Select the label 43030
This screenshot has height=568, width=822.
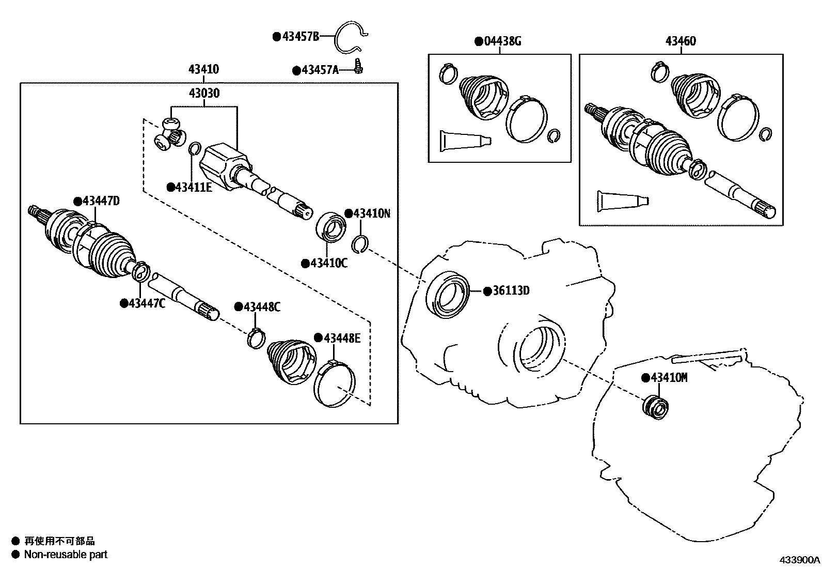203,94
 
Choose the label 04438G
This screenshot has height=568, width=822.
502,41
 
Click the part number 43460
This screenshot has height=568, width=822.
680,41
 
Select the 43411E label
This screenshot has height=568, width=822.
193,187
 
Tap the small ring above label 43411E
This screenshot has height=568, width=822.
195,149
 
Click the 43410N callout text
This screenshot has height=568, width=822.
372,213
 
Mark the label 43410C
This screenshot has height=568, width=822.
328,264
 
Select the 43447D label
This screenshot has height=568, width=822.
101,201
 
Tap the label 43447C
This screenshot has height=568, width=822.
146,303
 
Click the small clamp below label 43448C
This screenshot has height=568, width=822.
256,337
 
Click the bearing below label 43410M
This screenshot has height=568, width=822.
655,405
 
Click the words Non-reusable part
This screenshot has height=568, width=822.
66,555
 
